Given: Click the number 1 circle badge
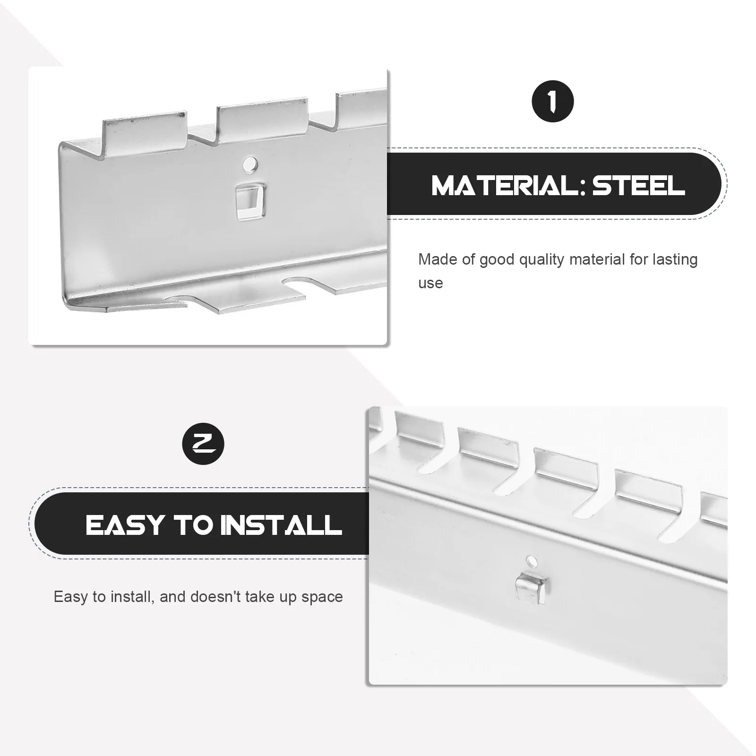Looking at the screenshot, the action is point(553,102).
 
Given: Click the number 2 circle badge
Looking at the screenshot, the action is point(203,444).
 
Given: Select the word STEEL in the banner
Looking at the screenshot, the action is point(639,185).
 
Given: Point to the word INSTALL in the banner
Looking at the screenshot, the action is point(281,525).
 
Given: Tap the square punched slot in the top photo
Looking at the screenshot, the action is point(250,202).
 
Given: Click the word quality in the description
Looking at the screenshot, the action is point(541,260).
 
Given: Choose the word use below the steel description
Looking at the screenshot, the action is point(430,283).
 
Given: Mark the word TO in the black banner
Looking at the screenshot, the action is point(192,525).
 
